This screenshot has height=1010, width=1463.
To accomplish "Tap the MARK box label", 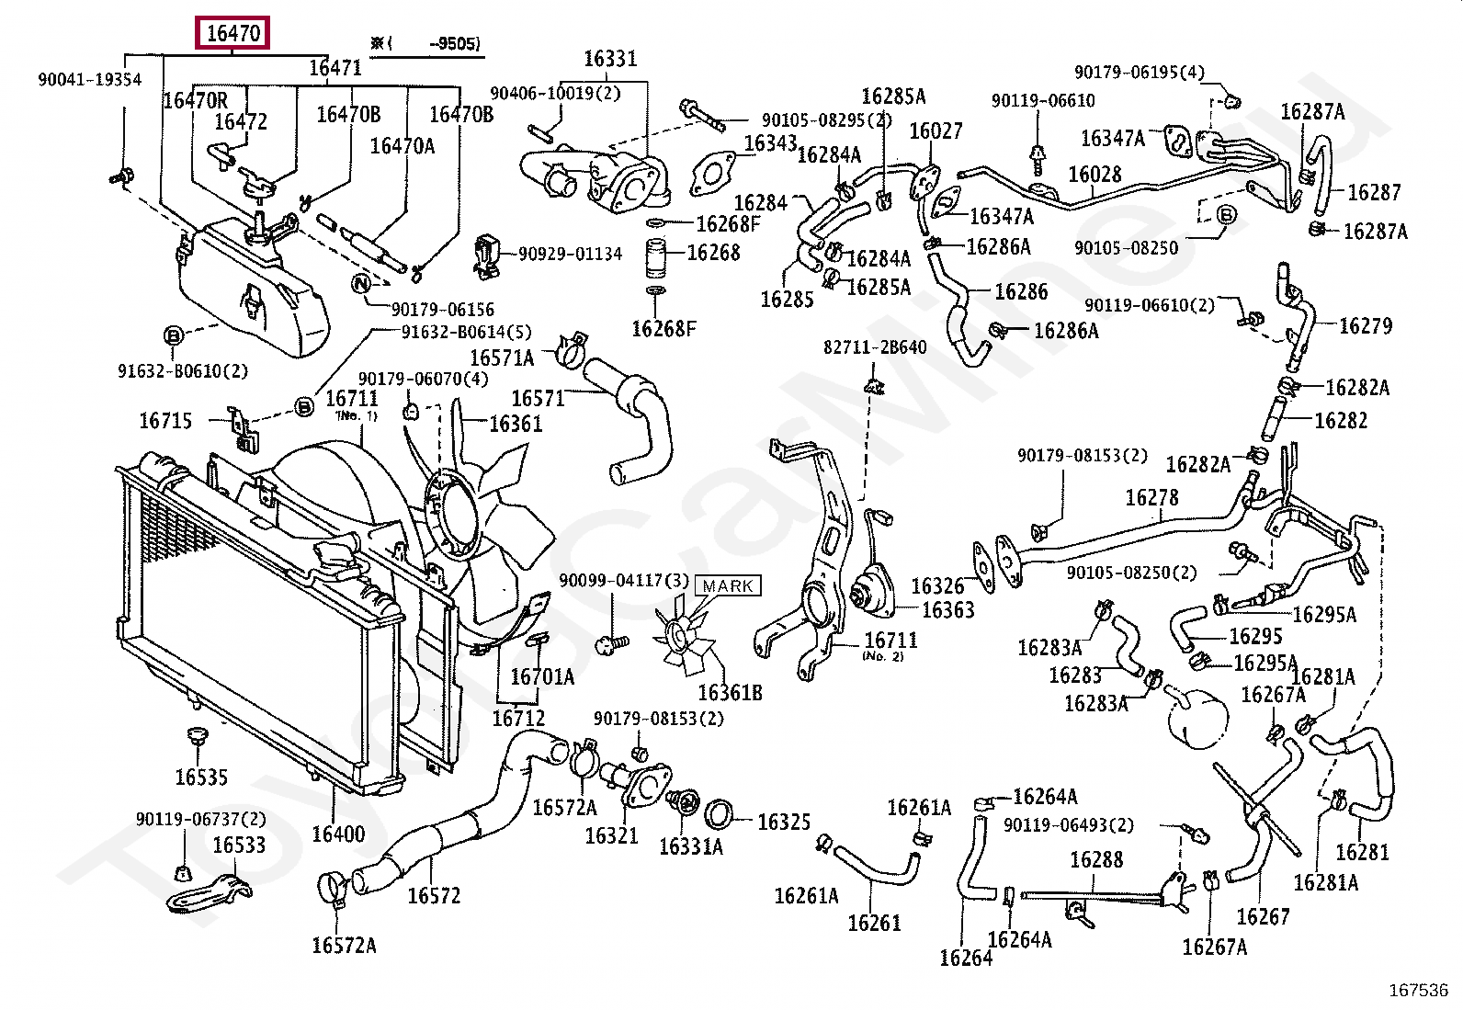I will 728,585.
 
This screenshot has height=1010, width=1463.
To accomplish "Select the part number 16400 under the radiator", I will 337,834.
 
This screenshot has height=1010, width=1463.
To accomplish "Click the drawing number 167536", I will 1418,991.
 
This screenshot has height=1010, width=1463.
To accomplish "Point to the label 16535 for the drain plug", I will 201,777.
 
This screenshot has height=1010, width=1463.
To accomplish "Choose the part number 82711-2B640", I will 874,347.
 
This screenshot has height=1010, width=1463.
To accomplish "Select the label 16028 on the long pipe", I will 1094,174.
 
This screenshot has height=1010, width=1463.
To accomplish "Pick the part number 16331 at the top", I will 610,59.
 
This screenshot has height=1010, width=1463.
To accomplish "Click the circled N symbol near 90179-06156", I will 361,283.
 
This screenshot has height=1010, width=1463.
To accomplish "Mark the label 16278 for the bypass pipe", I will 1151,497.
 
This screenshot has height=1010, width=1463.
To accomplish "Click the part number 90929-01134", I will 570,254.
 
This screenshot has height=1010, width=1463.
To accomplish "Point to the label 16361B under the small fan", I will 730,692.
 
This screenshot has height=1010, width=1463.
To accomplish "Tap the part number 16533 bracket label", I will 239,845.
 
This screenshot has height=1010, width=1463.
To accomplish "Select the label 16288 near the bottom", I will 1096,860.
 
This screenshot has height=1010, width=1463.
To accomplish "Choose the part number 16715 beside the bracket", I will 165,421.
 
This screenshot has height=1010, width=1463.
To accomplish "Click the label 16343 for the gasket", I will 770,142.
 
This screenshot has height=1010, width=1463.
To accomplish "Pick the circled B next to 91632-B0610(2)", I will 173,336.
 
